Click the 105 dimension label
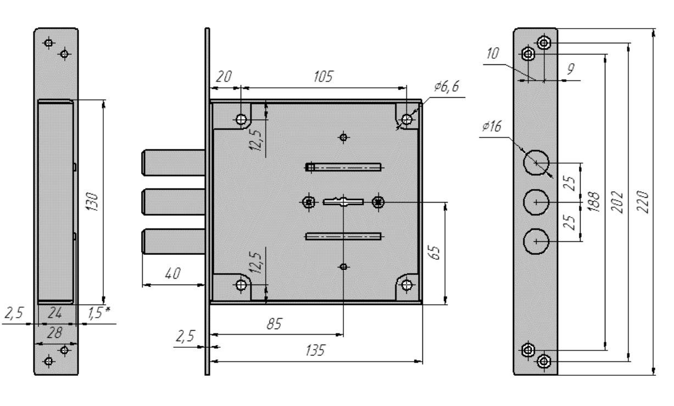323,76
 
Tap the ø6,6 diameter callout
447,86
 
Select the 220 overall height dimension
643,202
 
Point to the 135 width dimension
315,351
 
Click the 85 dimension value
274,324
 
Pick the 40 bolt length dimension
172,273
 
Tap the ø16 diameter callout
492,126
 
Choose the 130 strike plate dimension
92,202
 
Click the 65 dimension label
434,252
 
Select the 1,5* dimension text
99,313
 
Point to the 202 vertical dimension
617,202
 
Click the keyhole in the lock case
343,201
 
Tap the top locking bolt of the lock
174,163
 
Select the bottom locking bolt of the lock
174,241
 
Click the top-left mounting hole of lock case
241,119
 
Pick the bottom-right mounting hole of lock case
407,285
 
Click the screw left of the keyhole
308,202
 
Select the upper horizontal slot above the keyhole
343,167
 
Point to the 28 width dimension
55,332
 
